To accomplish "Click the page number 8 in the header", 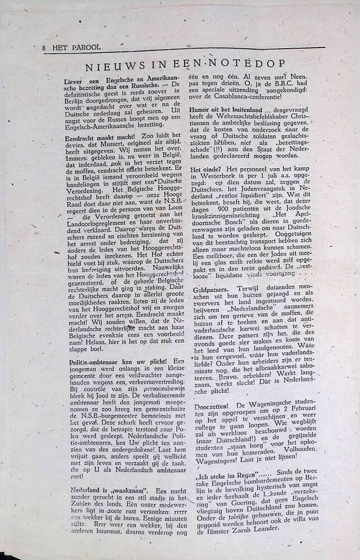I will tap(44, 48).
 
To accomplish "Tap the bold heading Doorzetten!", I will tap(213, 404).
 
